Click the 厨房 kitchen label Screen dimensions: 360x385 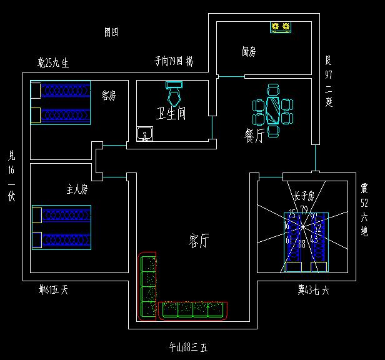pyautogui.click(x=248, y=52)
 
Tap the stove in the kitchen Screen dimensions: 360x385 pyautogui.click(x=281, y=27)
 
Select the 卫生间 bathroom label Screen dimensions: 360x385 pyautogui.click(x=171, y=114)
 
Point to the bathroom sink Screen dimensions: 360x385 pyautogui.click(x=146, y=134)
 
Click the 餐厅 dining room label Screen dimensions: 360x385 pyautogui.click(x=254, y=136)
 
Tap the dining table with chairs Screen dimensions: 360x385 pyautogui.click(x=272, y=111)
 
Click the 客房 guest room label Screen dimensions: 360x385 pyautogui.click(x=109, y=96)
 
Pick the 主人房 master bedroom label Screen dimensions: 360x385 pyautogui.click(x=77, y=188)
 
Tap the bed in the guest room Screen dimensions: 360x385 pyautogui.click(x=61, y=102)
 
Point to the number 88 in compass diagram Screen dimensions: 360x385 pyautogui.click(x=303, y=244)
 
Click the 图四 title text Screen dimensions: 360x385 pyautogui.click(x=111, y=32)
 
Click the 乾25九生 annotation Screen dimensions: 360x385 pyautogui.click(x=53, y=62)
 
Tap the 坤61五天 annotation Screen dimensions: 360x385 pyautogui.click(x=53, y=290)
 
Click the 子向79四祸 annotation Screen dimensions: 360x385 pyautogui.click(x=174, y=61)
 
